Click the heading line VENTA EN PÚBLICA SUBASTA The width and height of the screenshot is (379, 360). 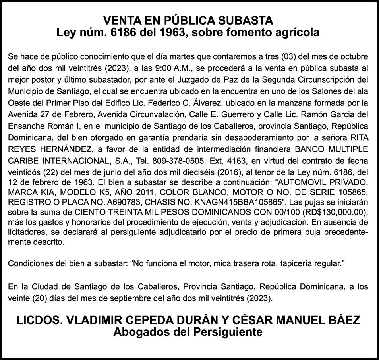188,21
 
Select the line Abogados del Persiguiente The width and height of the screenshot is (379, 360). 188,332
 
